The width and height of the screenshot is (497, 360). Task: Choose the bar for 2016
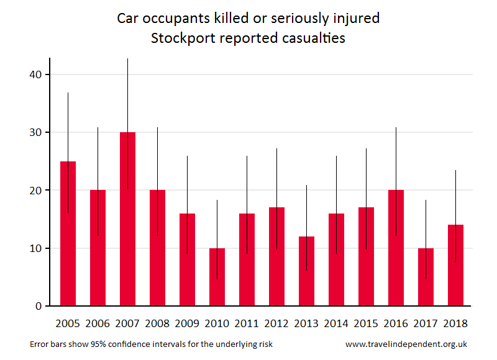(396, 248)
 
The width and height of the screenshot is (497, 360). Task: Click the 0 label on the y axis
(38, 306)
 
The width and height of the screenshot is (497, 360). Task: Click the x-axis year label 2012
(276, 323)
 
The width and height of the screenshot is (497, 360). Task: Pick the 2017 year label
(426, 323)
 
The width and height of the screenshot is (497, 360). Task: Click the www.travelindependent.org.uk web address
(406, 344)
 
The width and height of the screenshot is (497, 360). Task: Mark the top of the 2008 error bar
(157, 128)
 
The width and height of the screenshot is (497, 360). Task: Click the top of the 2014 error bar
(336, 156)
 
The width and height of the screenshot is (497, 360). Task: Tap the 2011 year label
(246, 323)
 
